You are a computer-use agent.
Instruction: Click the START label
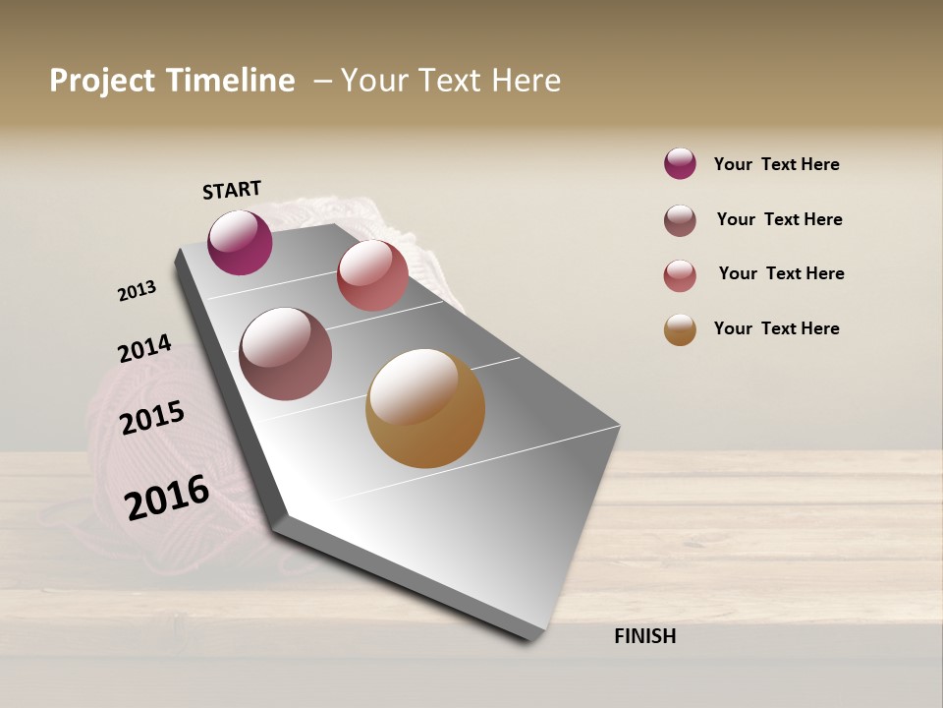[x=232, y=190]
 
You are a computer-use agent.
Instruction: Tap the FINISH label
[x=645, y=636]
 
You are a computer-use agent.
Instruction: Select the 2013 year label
[x=138, y=291]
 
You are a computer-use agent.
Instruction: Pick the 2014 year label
[x=144, y=348]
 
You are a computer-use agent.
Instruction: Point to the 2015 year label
[x=152, y=418]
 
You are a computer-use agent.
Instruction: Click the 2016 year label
[x=167, y=497]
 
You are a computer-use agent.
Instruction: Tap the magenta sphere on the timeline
[x=240, y=243]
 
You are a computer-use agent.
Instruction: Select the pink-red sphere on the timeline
[x=372, y=275]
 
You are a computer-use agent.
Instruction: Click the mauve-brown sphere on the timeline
[x=286, y=354]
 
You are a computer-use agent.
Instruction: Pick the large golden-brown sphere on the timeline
[x=425, y=408]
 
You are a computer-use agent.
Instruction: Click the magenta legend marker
[x=680, y=164]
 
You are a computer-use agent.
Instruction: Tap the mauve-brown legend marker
[x=680, y=220]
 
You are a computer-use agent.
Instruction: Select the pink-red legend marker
[x=680, y=275]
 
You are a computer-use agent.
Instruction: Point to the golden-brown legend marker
[x=680, y=330]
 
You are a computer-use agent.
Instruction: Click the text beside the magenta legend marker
[x=776, y=165]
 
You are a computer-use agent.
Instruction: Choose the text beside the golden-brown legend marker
[x=776, y=328]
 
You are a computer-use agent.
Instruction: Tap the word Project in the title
[x=103, y=81]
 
